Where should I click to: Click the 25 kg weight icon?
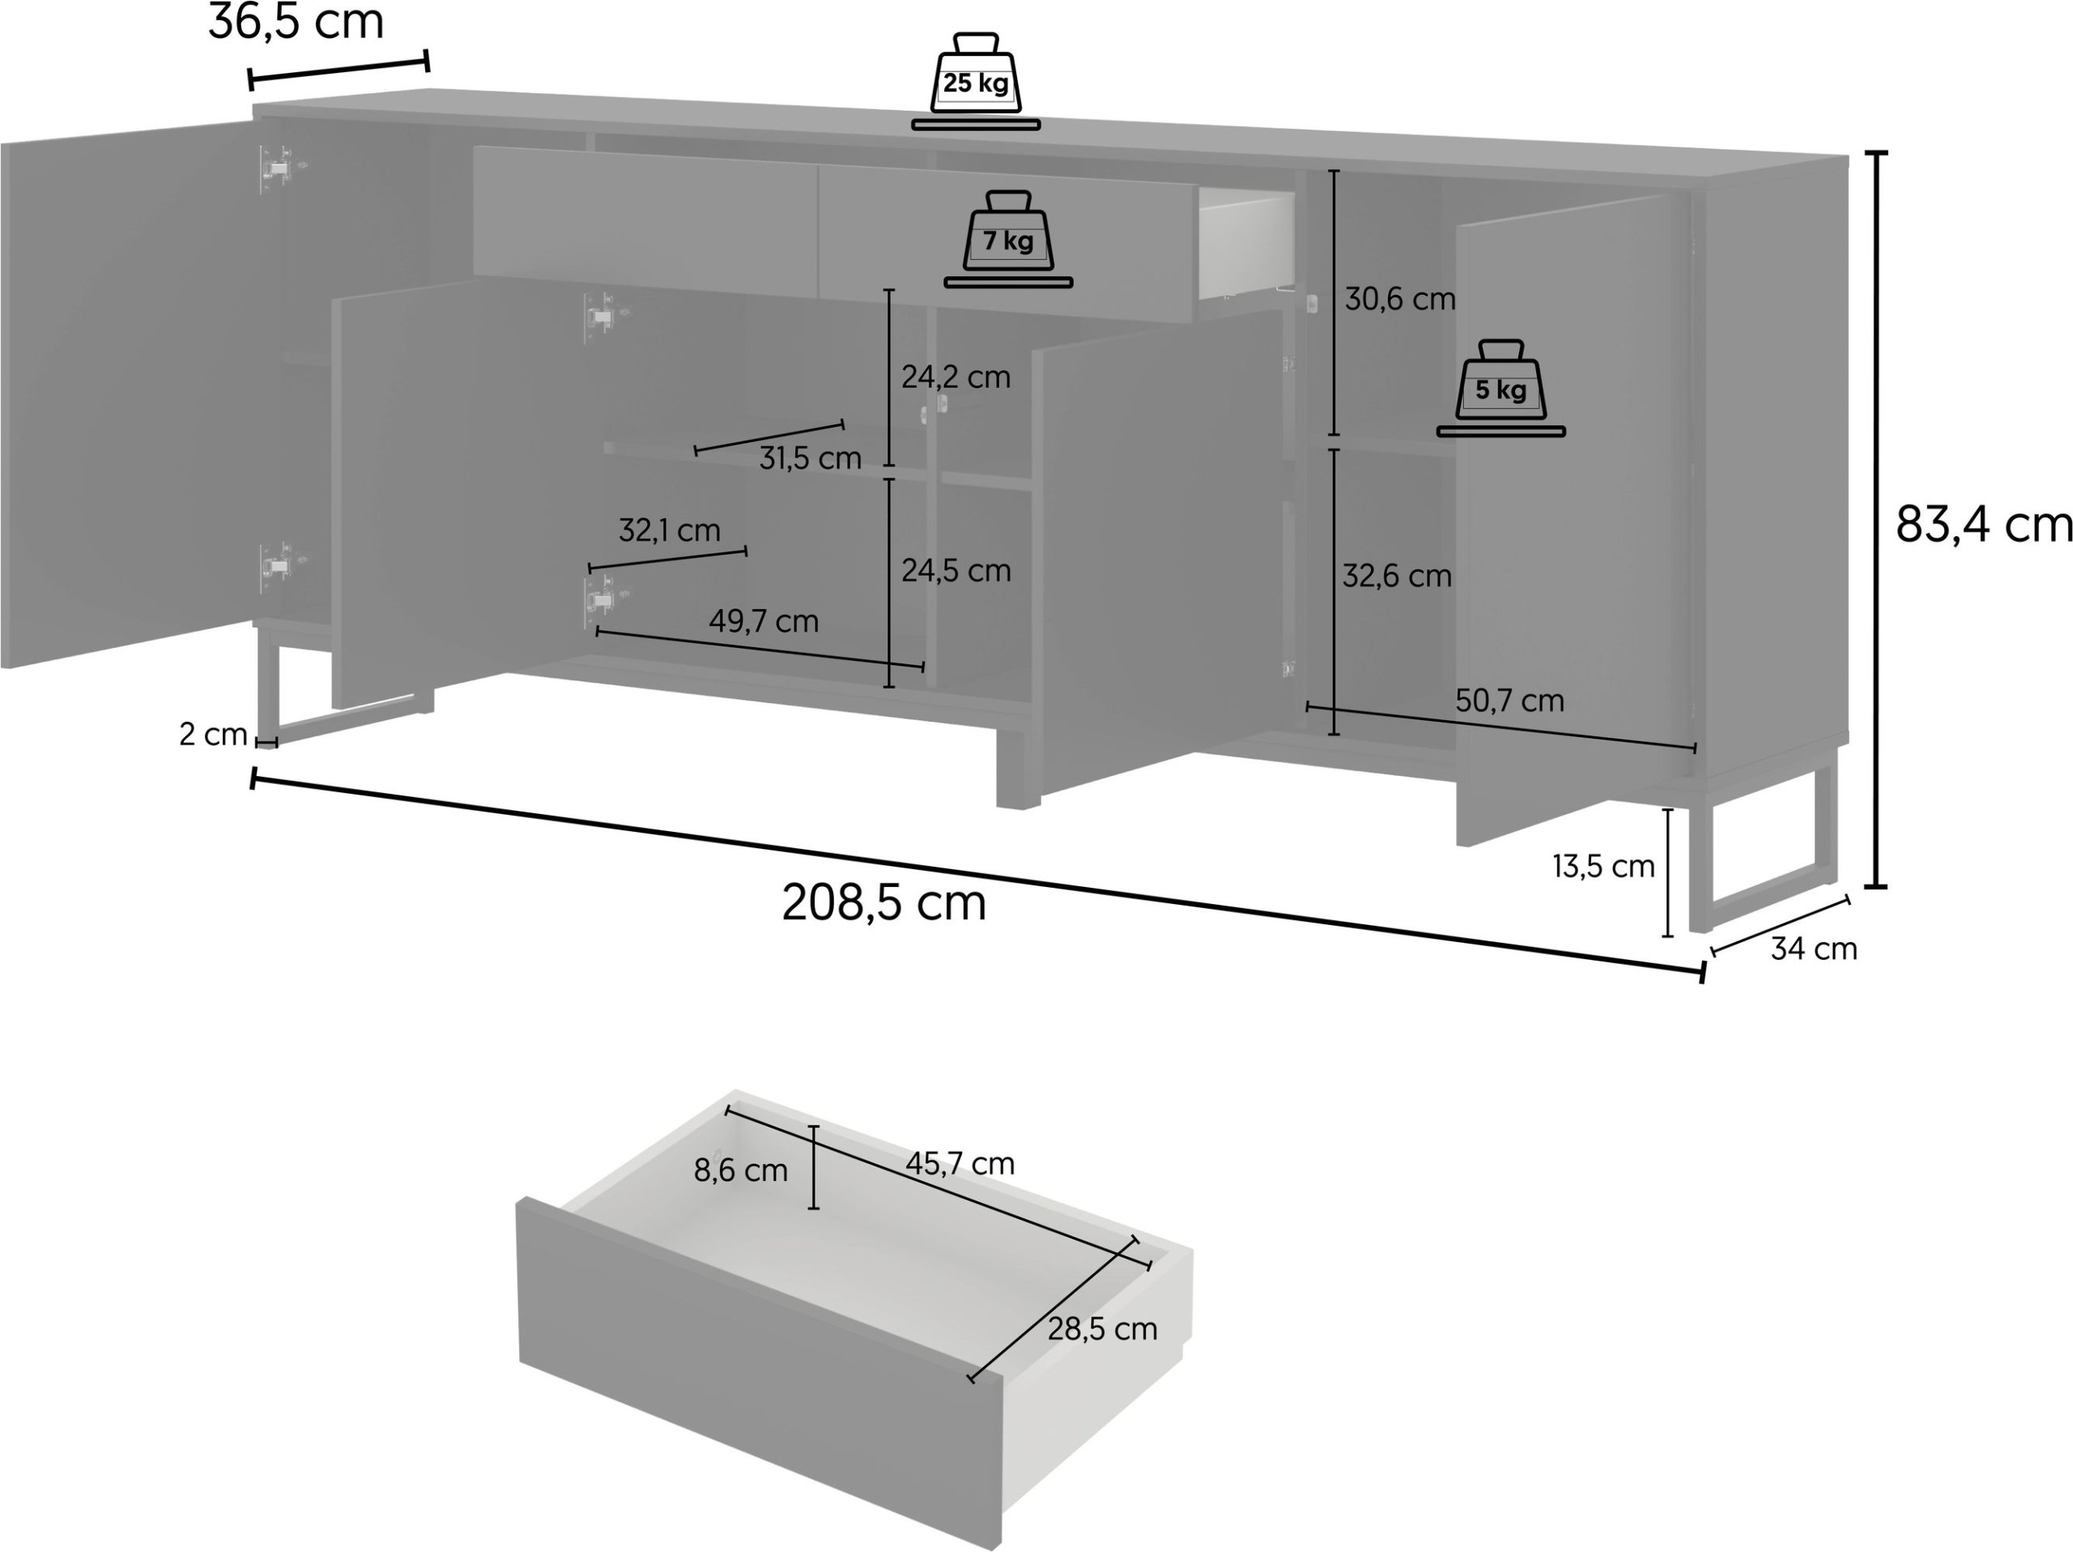pos(976,81)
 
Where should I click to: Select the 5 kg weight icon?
pos(1500,388)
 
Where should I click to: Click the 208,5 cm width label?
pos(883,903)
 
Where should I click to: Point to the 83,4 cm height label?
pos(1983,525)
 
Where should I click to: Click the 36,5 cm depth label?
pos(296,23)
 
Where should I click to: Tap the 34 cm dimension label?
pos(1813,949)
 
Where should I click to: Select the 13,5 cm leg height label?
pos(1603,867)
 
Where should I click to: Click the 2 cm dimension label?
pos(213,735)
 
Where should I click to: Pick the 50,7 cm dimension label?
pos(1509,700)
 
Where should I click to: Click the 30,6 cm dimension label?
pos(1400,299)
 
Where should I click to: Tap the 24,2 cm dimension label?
pos(956,377)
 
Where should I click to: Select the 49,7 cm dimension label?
pos(764,621)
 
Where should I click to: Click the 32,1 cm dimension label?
pos(669,531)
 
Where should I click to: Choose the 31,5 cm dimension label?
pos(810,458)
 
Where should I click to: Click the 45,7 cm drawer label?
pos(960,1163)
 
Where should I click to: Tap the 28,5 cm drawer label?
pos(1102,1329)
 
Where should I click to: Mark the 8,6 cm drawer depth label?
pos(740,1170)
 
